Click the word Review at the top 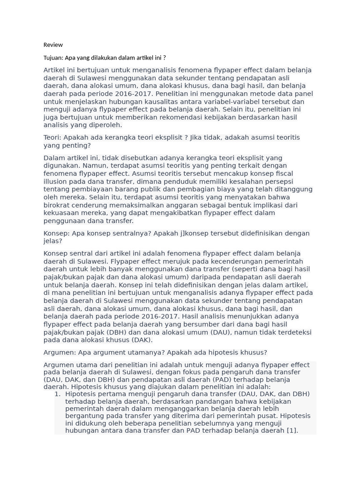click(x=53, y=45)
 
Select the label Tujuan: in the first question click(x=53, y=58)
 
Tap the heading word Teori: click(x=52, y=137)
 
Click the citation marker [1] click(x=292, y=431)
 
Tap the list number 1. click(x=57, y=394)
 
